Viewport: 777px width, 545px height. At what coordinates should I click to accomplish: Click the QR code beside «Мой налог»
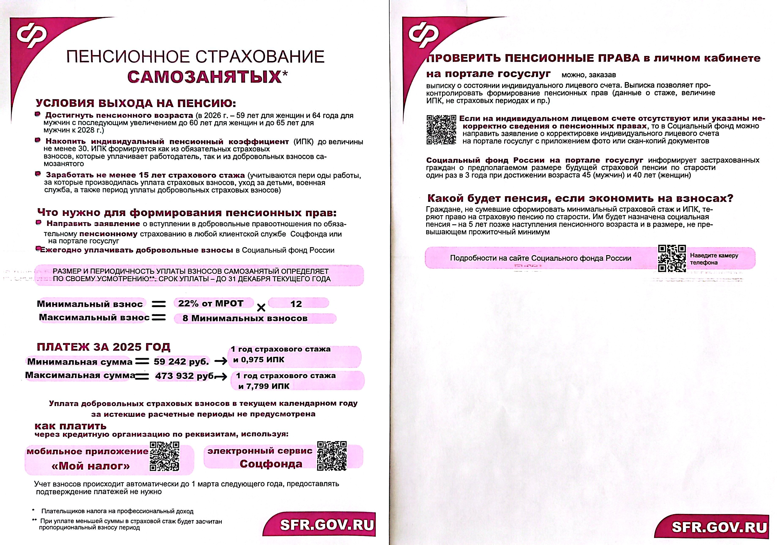(164, 456)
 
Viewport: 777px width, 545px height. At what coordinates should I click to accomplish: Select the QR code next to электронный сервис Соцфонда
(332, 456)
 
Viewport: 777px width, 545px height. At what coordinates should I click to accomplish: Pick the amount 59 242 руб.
(181, 362)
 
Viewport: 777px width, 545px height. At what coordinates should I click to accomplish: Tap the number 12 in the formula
(296, 304)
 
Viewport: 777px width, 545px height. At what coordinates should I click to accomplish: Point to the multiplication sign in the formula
(261, 308)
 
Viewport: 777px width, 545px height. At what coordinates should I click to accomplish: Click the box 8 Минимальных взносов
(245, 318)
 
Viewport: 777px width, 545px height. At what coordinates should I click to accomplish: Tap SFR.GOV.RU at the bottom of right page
(719, 527)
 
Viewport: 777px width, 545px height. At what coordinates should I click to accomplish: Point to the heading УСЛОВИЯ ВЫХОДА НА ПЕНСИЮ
(136, 103)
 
